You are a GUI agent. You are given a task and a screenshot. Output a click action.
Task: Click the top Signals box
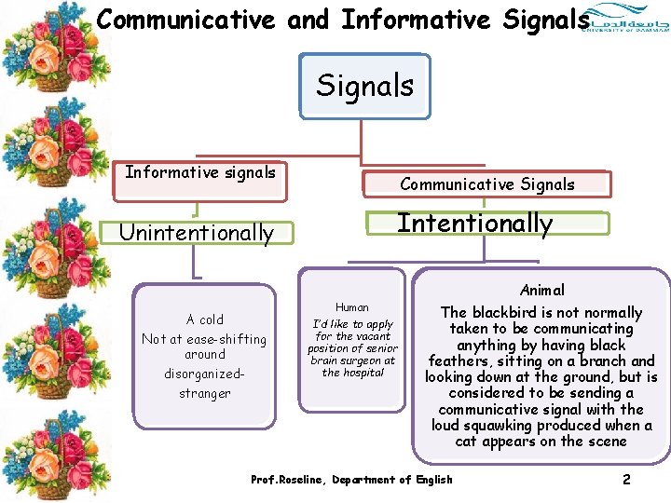click(364, 86)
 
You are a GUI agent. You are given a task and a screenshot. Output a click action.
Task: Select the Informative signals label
click(200, 172)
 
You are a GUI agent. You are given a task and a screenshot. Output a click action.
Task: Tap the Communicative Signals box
click(487, 184)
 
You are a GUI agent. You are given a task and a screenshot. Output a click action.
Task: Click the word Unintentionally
click(197, 233)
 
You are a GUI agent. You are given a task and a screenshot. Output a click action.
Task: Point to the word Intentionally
click(475, 224)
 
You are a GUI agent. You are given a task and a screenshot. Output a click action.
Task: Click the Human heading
click(351, 307)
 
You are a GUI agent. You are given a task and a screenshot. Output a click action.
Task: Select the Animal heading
click(542, 291)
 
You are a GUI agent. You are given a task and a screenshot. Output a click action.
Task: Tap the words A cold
click(205, 319)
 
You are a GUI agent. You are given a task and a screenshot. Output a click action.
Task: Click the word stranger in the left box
click(205, 393)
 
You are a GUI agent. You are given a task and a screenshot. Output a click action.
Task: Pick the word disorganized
click(203, 374)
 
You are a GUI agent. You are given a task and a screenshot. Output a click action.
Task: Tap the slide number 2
click(626, 480)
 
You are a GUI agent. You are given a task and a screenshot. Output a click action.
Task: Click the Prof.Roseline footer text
click(351, 480)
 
